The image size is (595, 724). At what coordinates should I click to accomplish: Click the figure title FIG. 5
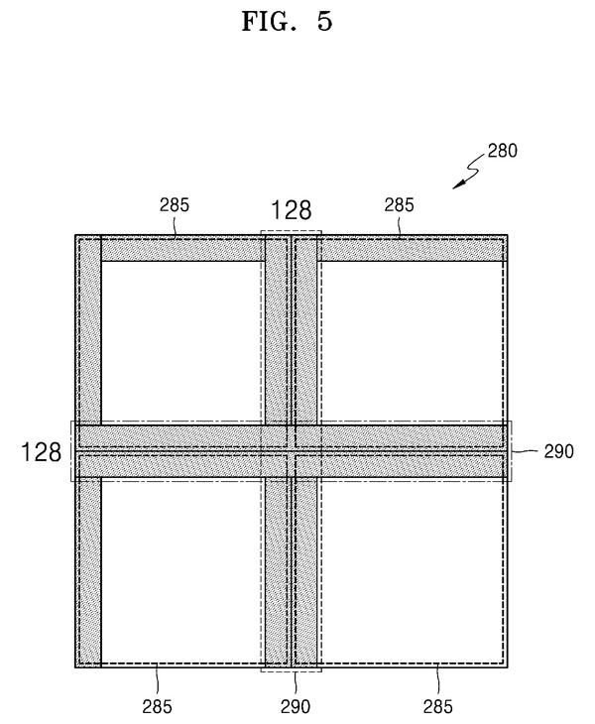tap(288, 21)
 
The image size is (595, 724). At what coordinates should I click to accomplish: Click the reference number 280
tap(502, 151)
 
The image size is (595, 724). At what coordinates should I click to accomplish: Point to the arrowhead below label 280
tap(458, 185)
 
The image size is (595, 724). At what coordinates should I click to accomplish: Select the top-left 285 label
tap(175, 205)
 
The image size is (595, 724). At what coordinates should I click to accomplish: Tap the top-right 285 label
tap(400, 205)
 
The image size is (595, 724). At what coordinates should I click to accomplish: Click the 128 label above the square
tap(291, 210)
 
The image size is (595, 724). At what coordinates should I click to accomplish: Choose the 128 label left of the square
tap(41, 452)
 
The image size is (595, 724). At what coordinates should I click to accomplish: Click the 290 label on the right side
tap(558, 451)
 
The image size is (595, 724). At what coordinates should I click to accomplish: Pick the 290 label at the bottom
tap(296, 706)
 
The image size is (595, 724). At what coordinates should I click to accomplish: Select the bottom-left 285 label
tap(157, 706)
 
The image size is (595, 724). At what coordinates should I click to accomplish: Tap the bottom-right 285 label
tap(438, 706)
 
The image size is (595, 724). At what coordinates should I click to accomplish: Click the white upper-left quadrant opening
tap(182, 342)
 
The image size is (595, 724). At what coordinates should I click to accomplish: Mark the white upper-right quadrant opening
tap(411, 342)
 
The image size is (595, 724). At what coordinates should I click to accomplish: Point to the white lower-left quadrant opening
tap(182, 571)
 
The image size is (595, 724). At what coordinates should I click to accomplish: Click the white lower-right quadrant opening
tap(411, 571)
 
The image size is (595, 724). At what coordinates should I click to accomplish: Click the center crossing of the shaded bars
tap(292, 451)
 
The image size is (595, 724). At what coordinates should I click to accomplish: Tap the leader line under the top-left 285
tap(176, 226)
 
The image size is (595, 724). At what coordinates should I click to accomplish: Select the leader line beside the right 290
tap(524, 451)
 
